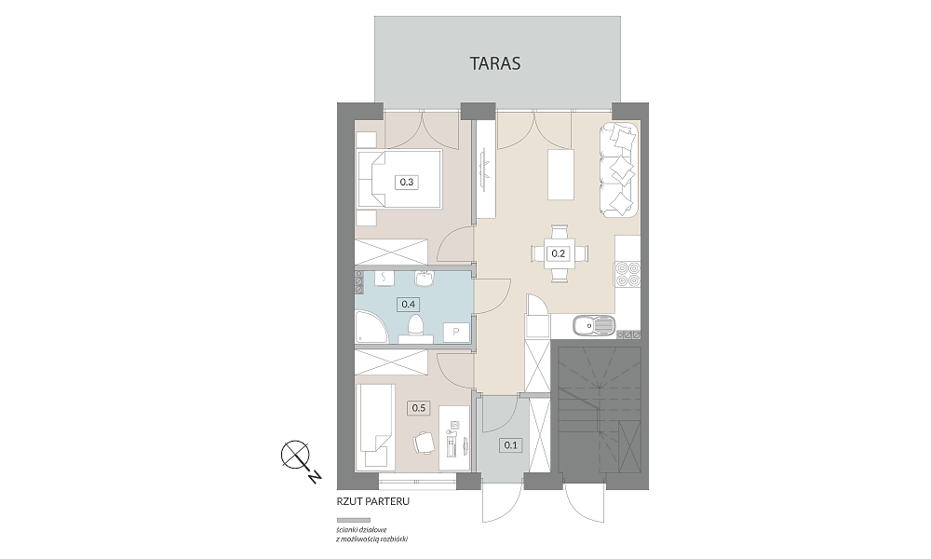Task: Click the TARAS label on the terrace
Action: pos(495,63)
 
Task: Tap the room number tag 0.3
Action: pos(407,183)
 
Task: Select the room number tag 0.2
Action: pos(558,253)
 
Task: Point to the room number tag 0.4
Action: pos(408,304)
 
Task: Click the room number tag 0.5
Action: pos(419,408)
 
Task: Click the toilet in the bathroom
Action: pos(415,327)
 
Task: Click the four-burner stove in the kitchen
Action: pos(628,275)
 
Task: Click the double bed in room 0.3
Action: pos(399,180)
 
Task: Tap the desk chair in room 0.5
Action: pos(424,442)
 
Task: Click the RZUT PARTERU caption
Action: pos(373,502)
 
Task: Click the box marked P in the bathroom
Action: pos(456,332)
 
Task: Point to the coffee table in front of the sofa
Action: pos(561,175)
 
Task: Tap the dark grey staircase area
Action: pos(600,409)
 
